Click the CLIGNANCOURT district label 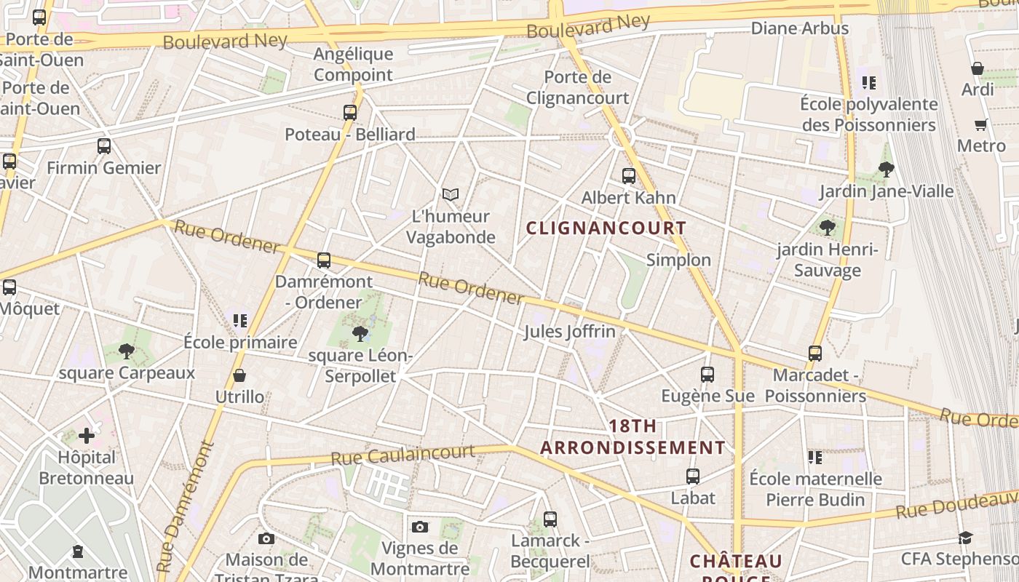(x=606, y=228)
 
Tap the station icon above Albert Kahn (x=628, y=175)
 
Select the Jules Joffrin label (x=569, y=332)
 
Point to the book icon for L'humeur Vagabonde (x=451, y=194)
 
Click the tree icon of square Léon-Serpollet (x=360, y=334)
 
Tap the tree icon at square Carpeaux (x=127, y=352)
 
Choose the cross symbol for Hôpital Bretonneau (x=87, y=436)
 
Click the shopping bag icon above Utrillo (x=239, y=375)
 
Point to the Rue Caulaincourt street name (x=403, y=455)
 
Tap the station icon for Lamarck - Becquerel (x=550, y=519)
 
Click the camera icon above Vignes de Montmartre (x=420, y=527)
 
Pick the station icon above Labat (x=693, y=477)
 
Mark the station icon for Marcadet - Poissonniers (x=815, y=354)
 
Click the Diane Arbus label (x=799, y=28)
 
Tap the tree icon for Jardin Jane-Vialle (x=886, y=170)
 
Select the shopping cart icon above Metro (x=980, y=124)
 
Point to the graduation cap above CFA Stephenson (x=965, y=538)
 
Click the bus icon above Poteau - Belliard (x=350, y=113)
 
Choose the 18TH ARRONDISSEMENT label (x=633, y=436)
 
